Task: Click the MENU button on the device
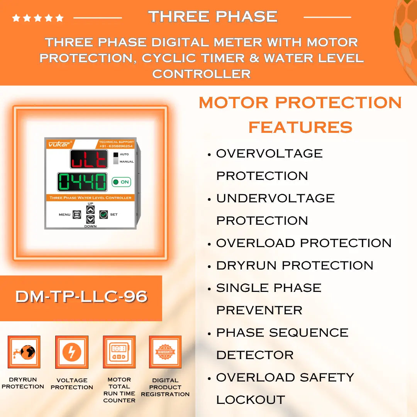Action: [x=76, y=214]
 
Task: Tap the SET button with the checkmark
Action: [x=103, y=214]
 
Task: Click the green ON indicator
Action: [x=121, y=182]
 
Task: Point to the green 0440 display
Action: [x=82, y=182]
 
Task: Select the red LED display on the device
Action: [x=88, y=159]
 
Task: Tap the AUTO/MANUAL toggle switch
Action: [x=115, y=158]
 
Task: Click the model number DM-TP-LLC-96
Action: [x=81, y=297]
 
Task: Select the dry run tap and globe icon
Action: [x=24, y=352]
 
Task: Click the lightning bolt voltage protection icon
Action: [x=72, y=352]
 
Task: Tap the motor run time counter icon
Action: [x=119, y=352]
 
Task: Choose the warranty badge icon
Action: [x=165, y=352]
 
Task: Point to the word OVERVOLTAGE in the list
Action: [x=269, y=153]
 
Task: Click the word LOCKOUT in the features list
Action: [x=250, y=400]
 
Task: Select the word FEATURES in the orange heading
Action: [x=300, y=127]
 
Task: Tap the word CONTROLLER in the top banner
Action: [x=201, y=73]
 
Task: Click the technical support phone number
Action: [x=116, y=146]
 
